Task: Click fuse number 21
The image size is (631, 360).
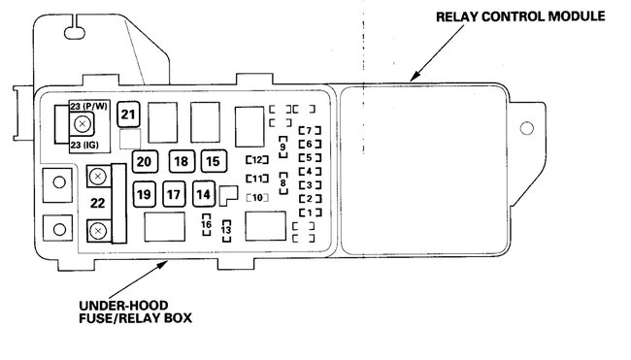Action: click(128, 115)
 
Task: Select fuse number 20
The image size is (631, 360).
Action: click(145, 161)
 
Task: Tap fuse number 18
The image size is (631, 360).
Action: click(182, 161)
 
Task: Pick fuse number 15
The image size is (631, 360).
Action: click(214, 161)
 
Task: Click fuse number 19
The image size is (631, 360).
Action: click(145, 194)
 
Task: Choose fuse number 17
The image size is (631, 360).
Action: click(174, 194)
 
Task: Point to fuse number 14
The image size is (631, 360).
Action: click(204, 194)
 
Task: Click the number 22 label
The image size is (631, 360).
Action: click(97, 203)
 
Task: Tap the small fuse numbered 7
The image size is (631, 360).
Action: click(310, 130)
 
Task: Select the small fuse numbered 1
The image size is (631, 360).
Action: click(310, 213)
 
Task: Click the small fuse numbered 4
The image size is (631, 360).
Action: click(310, 172)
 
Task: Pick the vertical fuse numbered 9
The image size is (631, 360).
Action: click(283, 147)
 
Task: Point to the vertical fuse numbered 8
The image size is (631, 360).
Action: click(283, 183)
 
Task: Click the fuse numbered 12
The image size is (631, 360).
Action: click(257, 160)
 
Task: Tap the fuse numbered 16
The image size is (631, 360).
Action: click(207, 225)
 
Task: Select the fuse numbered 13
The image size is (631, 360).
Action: click(226, 231)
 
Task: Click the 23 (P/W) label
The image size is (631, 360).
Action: click(89, 107)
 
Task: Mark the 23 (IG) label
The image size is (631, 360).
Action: click(84, 145)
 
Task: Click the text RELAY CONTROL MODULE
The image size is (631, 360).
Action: click(520, 16)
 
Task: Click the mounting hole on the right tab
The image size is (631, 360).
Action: click(527, 128)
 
